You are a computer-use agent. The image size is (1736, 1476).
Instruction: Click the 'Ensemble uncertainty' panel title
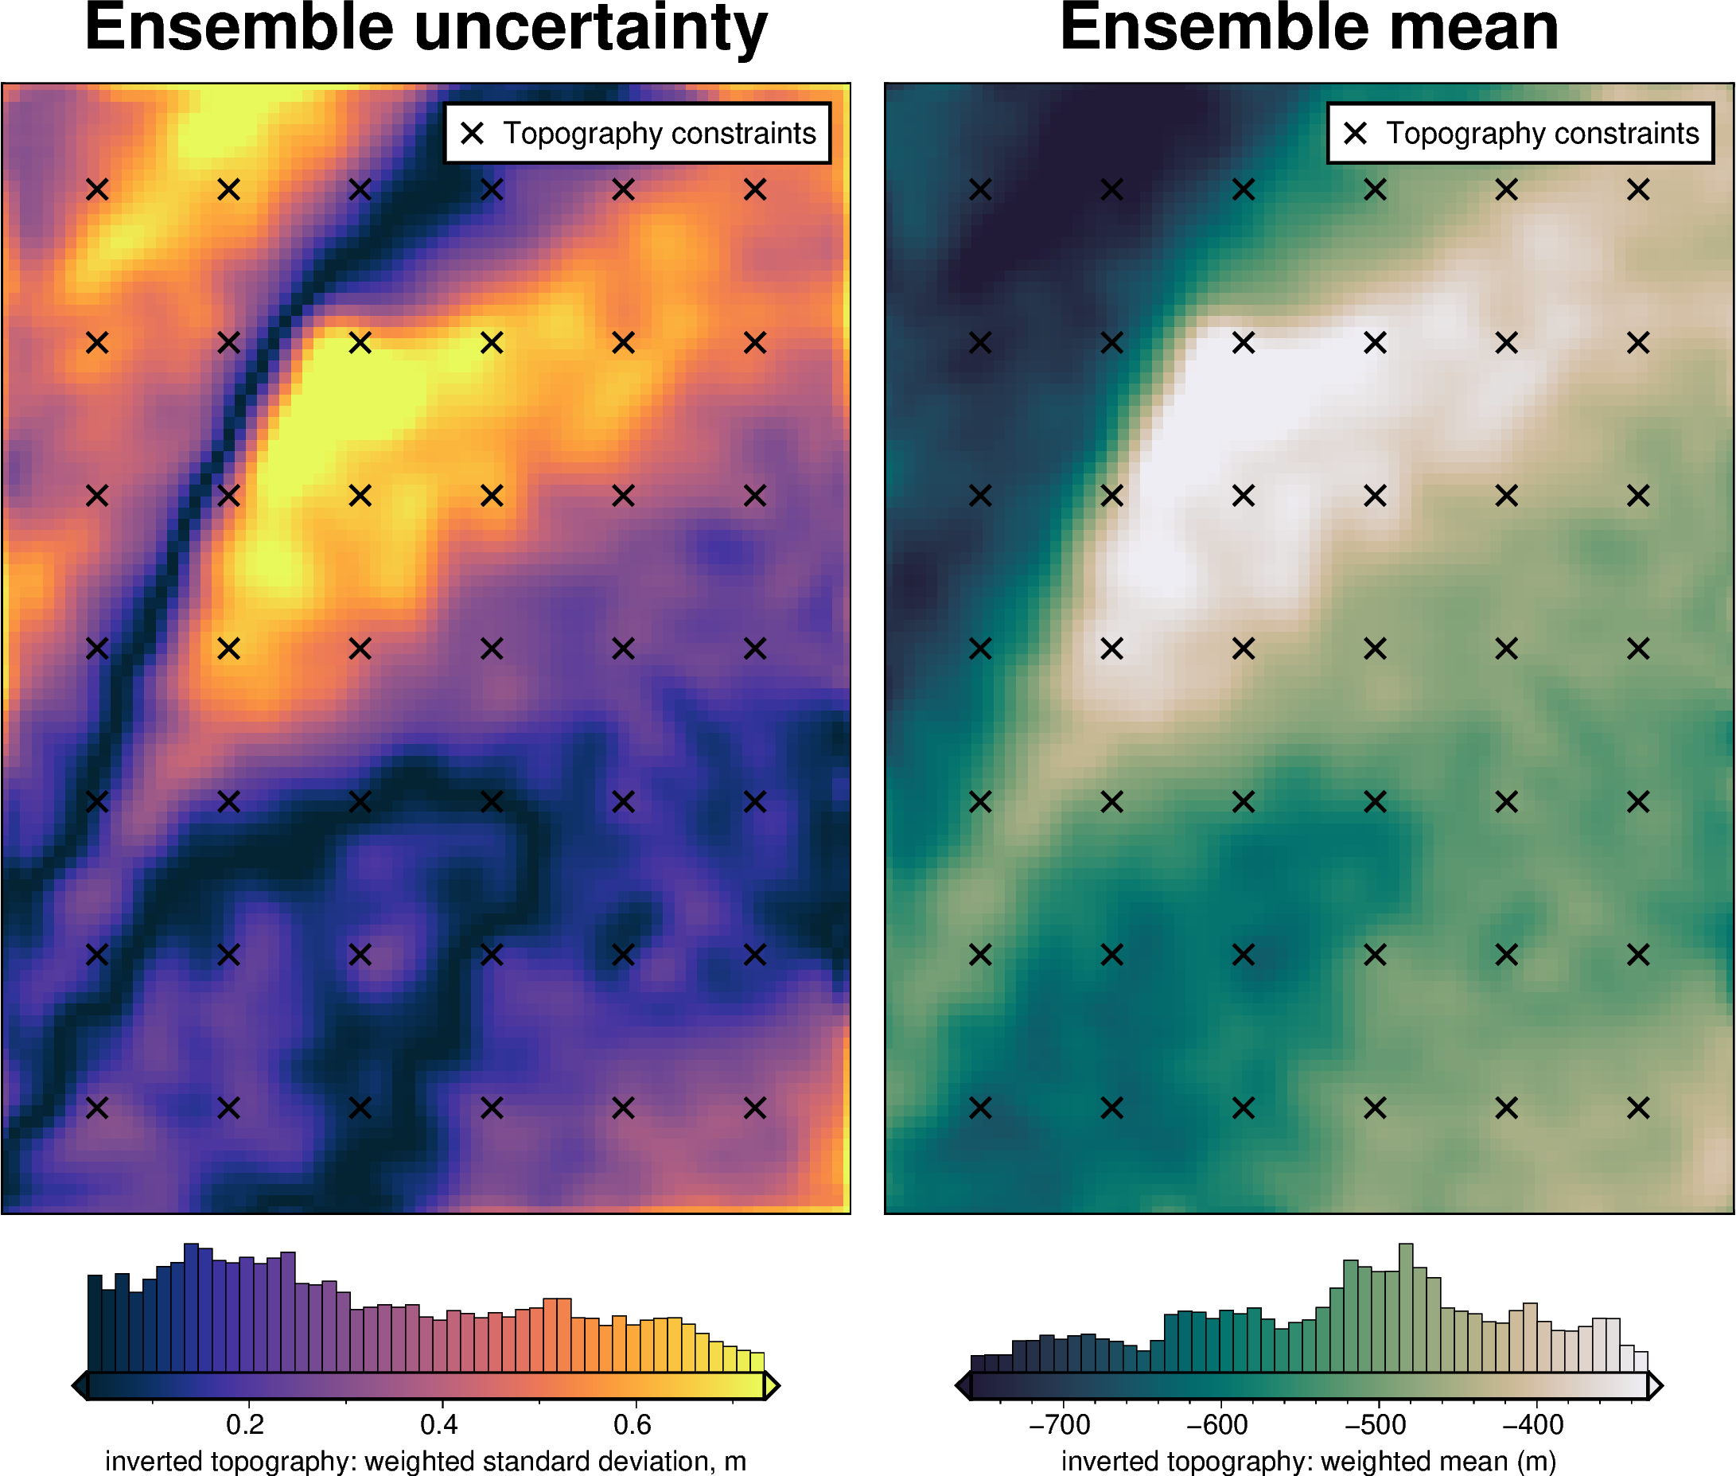click(426, 29)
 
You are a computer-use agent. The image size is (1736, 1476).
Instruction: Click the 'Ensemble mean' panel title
click(1309, 29)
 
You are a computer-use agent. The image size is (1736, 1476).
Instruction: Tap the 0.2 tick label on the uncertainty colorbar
click(245, 1423)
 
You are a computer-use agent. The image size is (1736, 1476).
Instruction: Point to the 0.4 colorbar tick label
click(439, 1423)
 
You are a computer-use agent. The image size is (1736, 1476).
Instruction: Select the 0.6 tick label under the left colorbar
click(633, 1423)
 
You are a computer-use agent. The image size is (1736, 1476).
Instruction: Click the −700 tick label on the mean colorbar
click(1059, 1423)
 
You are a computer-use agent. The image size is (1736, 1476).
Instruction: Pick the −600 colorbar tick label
click(1217, 1423)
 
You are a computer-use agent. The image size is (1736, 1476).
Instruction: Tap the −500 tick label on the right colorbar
click(1376, 1423)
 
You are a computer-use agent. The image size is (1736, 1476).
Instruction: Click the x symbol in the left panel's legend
click(473, 133)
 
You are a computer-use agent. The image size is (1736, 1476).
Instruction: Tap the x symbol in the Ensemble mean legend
click(1356, 133)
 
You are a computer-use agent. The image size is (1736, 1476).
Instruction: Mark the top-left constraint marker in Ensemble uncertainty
click(97, 190)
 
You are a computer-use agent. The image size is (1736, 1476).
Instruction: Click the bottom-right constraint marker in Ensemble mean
click(1638, 1108)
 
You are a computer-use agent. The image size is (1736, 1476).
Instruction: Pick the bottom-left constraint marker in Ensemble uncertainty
click(97, 1108)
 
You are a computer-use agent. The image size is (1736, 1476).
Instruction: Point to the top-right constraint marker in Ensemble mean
click(1638, 190)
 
